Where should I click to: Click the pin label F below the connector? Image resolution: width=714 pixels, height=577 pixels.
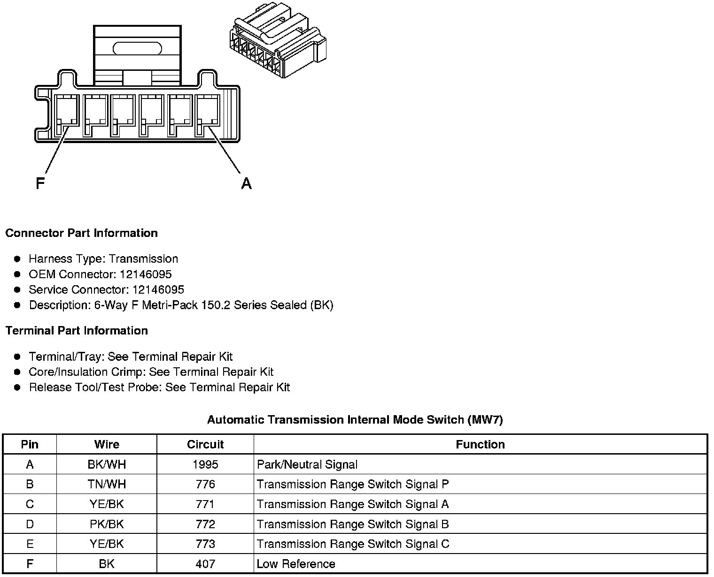[x=40, y=183]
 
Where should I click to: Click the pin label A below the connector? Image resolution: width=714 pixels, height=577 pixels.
[x=246, y=183]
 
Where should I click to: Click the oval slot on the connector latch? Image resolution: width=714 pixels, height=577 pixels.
[x=137, y=48]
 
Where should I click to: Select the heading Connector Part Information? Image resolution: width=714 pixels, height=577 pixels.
[x=81, y=233]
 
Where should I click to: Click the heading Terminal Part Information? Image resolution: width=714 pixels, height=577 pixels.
[x=77, y=331]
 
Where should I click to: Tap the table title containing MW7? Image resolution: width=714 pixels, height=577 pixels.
[x=355, y=419]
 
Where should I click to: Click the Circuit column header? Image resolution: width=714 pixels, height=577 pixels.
[x=205, y=444]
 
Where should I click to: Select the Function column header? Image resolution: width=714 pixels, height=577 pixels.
[x=480, y=444]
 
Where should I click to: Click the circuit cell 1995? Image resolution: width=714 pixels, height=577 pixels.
[x=205, y=464]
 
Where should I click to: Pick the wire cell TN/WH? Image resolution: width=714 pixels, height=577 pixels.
[x=107, y=484]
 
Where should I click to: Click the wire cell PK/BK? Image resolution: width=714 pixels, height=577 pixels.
[x=107, y=524]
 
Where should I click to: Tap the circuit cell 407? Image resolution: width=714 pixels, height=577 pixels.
[x=205, y=564]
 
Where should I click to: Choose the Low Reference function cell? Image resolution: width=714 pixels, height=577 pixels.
[x=296, y=564]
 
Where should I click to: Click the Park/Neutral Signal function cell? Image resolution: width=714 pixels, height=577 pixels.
[x=307, y=464]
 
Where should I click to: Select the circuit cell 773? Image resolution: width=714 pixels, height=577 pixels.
[x=205, y=544]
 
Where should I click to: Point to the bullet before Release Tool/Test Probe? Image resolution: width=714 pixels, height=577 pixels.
[x=17, y=387]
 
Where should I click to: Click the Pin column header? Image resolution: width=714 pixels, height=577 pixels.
[x=30, y=444]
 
